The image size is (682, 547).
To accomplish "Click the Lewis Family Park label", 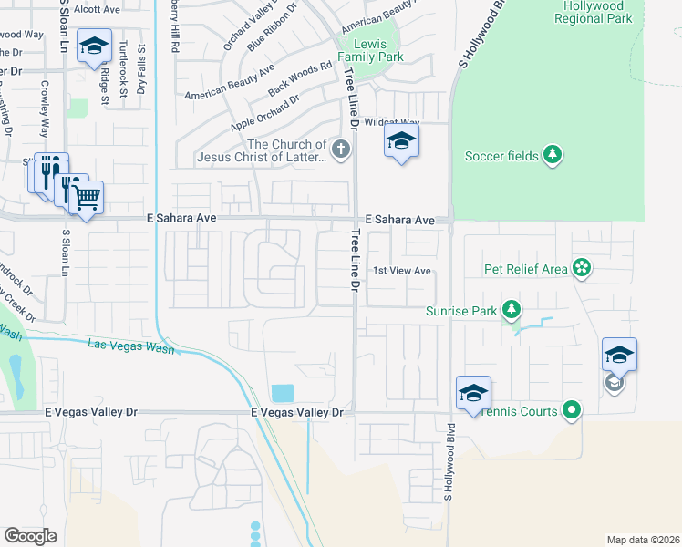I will tap(371, 49).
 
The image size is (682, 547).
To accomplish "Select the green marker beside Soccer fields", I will tap(552, 156).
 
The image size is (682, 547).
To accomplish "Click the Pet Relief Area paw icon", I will tap(582, 268).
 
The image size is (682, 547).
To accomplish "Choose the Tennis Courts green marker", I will tap(572, 411).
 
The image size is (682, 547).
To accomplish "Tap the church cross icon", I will tap(341, 150).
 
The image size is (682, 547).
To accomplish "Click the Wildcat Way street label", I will tap(391, 121).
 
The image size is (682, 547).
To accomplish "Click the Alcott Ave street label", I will tap(98, 9).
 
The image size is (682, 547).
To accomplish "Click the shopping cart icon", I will tap(87, 196).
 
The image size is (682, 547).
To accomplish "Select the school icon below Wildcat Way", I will tap(400, 141).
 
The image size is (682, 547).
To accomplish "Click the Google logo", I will tap(30, 536).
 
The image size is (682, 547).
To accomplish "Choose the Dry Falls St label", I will tap(142, 70).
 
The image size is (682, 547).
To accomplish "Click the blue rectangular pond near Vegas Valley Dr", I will tap(283, 393).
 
